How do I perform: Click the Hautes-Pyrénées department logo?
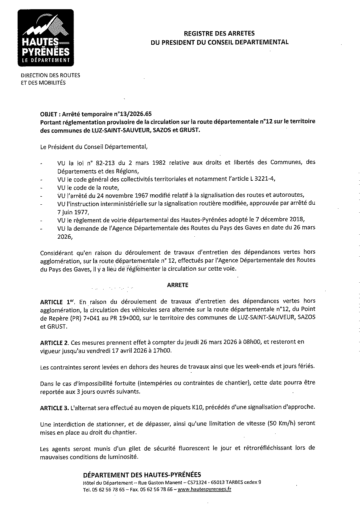(46, 38)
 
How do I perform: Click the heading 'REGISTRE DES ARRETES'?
(219, 34)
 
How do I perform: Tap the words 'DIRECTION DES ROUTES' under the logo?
(50, 75)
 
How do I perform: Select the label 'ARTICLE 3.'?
(54, 407)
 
